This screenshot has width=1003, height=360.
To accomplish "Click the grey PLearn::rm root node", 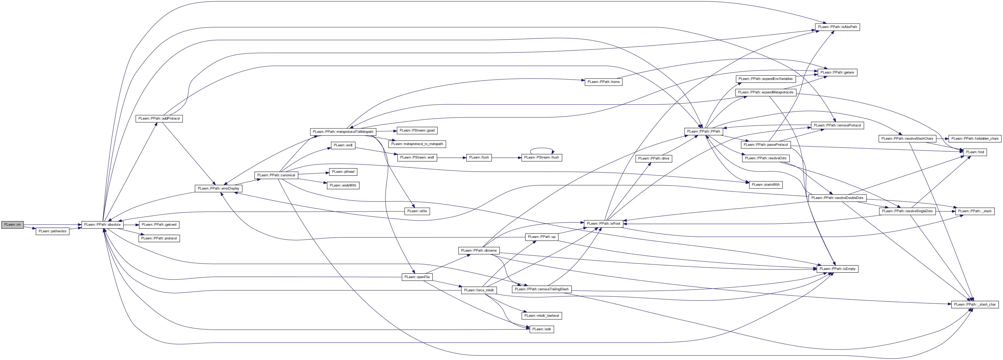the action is (x=12, y=225).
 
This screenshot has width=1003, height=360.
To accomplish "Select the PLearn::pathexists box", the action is (x=52, y=231).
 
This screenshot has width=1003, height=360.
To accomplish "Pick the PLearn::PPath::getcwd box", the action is (x=159, y=225).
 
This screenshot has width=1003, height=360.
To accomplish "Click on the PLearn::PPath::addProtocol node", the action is (x=159, y=118).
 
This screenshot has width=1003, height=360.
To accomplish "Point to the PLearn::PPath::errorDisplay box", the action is (x=218, y=188).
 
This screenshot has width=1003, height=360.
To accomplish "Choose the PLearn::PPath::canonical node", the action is (x=276, y=175).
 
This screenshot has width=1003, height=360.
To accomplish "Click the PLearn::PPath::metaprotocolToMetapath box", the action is (x=343, y=132).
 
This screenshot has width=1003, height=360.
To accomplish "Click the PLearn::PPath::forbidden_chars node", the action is (x=974, y=138).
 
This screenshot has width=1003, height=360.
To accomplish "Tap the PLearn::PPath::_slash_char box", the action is (x=974, y=304).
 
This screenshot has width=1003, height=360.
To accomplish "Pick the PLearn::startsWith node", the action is (x=765, y=184).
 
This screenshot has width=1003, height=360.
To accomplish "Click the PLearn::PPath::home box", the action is (x=603, y=82).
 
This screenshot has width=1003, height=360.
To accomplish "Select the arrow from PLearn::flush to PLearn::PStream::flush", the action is (x=506, y=158).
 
